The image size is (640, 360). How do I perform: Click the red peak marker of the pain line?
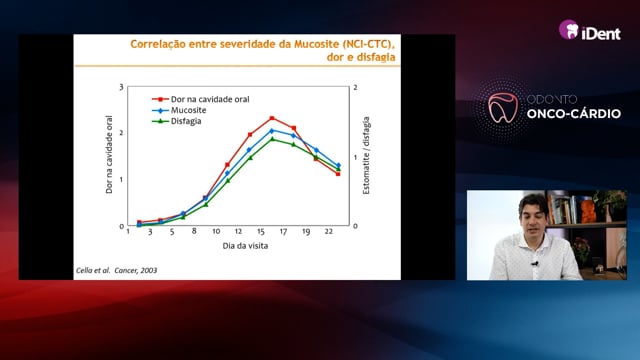(x=272, y=118)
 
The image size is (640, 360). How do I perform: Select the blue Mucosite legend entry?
(x=179, y=110)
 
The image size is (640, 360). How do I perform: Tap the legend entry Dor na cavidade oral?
(x=200, y=99)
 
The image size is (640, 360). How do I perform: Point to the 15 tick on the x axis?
(x=261, y=231)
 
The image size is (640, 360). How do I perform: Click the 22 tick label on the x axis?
(x=329, y=231)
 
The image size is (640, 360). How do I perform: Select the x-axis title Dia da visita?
(x=245, y=246)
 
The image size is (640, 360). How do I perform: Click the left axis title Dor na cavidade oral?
(x=109, y=154)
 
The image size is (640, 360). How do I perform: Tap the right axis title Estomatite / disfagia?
(x=366, y=156)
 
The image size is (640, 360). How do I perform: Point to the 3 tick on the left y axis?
(x=121, y=87)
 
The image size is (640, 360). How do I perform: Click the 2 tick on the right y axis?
(x=356, y=87)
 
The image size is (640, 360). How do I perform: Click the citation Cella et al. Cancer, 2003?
(x=116, y=270)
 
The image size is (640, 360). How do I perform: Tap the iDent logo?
(x=590, y=31)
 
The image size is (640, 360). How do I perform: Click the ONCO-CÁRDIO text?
(x=574, y=113)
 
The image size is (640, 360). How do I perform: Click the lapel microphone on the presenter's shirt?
(x=535, y=264)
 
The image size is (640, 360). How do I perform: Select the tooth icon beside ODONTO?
(x=503, y=108)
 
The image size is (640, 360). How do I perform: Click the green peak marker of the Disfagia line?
(x=272, y=139)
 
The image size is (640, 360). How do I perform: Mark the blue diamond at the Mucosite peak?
(x=272, y=131)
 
